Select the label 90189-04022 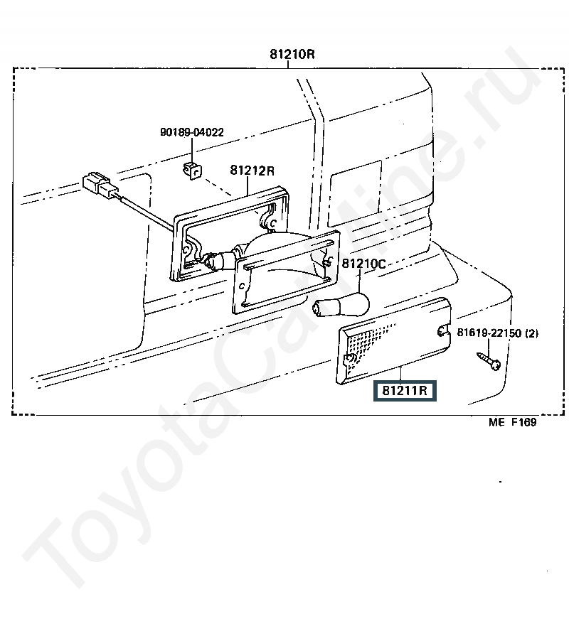click(x=191, y=132)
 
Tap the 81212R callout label click(x=252, y=171)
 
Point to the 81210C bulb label click(x=363, y=264)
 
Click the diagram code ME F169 click(x=511, y=422)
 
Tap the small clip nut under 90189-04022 click(x=190, y=170)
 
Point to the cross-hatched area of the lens click(x=370, y=341)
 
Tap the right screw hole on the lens click(x=442, y=330)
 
